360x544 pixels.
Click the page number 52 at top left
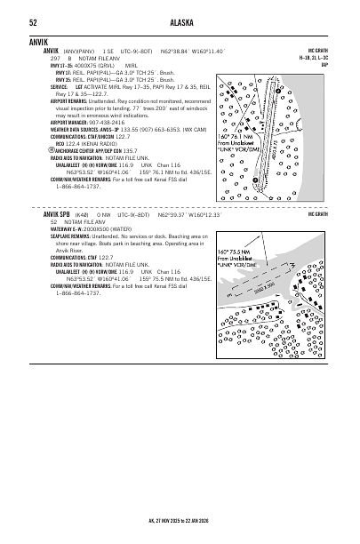click(x=33, y=22)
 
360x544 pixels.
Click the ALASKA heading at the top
click(x=180, y=22)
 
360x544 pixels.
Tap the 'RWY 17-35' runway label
click(x=61, y=65)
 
